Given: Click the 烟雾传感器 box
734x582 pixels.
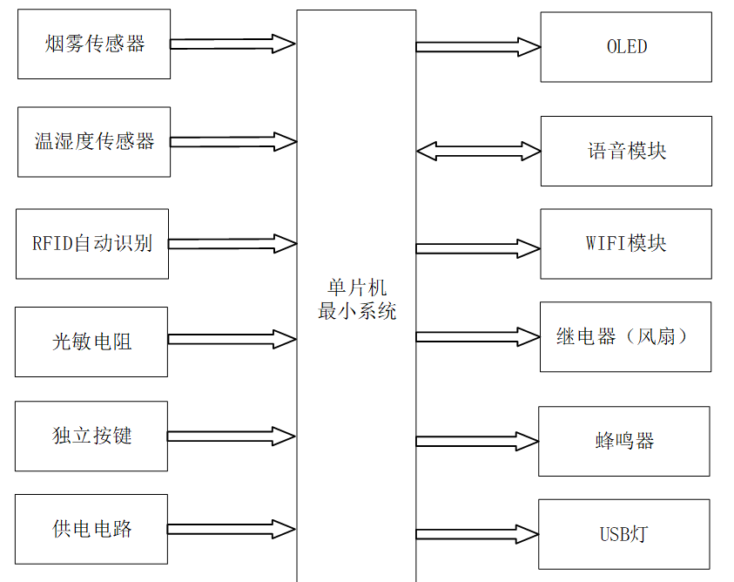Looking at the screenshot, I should (x=94, y=44).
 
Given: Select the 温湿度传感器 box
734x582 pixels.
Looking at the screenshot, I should (x=94, y=142).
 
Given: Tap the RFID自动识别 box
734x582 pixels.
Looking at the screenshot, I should (x=92, y=244).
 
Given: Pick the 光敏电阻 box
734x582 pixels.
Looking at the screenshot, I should (x=91, y=342).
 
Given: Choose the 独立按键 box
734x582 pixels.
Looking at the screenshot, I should (x=91, y=436).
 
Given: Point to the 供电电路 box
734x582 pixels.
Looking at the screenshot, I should (x=91, y=529).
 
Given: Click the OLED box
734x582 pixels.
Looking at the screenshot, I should (x=626, y=47).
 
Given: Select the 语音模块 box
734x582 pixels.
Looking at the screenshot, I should (x=626, y=151).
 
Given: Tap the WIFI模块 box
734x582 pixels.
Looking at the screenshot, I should (x=626, y=244).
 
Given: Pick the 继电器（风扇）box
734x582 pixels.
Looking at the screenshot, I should (x=626, y=337).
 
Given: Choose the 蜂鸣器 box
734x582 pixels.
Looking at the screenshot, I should (x=623, y=441).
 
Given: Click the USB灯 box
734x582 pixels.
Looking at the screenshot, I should (x=623, y=534).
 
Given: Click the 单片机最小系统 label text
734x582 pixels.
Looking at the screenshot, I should (x=357, y=300).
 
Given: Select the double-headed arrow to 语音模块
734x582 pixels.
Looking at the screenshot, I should (x=478, y=151).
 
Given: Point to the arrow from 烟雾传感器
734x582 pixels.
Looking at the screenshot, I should (x=232, y=44).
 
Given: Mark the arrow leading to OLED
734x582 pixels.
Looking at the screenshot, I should (x=478, y=47).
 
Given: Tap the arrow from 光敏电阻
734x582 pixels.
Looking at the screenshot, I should (x=232, y=339).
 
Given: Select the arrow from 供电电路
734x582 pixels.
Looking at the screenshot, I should (x=232, y=529).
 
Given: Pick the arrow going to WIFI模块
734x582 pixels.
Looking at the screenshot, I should (x=478, y=248).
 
